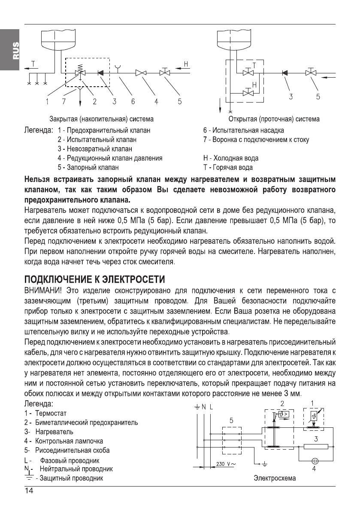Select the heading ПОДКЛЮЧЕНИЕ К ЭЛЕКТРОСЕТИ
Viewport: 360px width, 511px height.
pyautogui.click(x=94, y=280)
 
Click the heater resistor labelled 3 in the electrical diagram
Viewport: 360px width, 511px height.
pyautogui.click(x=315, y=447)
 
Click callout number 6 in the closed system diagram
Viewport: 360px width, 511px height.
pyautogui.click(x=133, y=102)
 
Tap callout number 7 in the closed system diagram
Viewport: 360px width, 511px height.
pyautogui.click(x=65, y=102)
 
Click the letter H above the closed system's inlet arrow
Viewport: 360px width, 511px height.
pyautogui.click(x=186, y=64)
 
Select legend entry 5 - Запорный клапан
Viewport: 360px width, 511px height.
pyautogui.click(x=88, y=167)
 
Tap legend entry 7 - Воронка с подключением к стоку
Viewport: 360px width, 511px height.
pyautogui.click(x=256, y=139)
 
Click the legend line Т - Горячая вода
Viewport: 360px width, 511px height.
pyautogui.click(x=228, y=167)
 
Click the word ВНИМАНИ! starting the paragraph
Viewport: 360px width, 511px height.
pyautogui.click(x=41, y=292)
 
